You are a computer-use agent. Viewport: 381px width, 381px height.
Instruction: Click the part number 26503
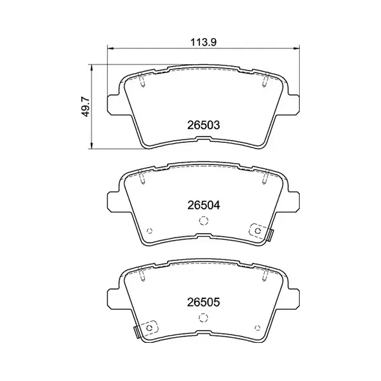(x=203, y=125)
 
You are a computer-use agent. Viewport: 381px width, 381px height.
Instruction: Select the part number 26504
(x=203, y=205)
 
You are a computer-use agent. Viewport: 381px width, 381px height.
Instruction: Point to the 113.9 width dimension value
(x=203, y=43)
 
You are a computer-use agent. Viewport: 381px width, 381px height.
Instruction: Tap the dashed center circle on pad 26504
(x=203, y=221)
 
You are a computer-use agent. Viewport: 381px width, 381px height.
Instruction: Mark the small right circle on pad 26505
(x=257, y=327)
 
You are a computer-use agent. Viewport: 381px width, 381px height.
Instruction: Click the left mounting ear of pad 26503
(x=114, y=104)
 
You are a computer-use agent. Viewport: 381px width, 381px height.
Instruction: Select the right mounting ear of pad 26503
(x=292, y=104)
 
